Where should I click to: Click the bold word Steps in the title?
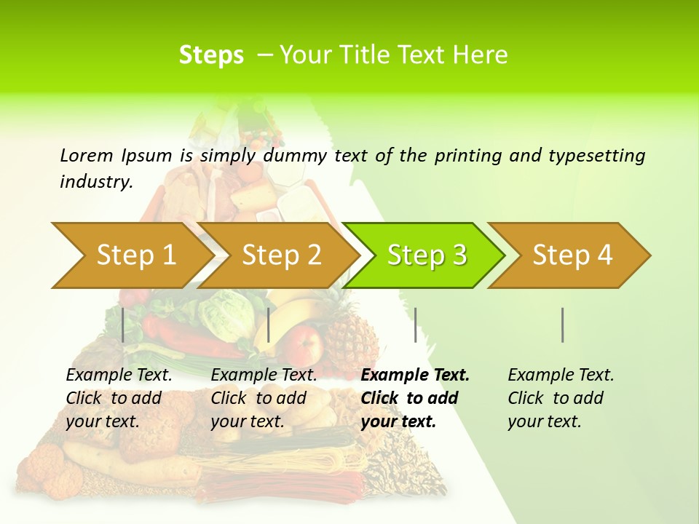[x=211, y=55]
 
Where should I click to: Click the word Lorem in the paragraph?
[x=87, y=155]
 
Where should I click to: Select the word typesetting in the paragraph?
[x=596, y=156]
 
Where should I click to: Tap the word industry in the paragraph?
[x=95, y=181]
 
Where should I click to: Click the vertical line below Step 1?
[x=123, y=325]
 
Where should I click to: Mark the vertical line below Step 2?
[x=269, y=325]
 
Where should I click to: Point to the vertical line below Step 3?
[x=415, y=325]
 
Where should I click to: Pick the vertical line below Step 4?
[x=562, y=325]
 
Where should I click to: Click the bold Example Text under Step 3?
[x=415, y=376]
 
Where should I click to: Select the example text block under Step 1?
[x=119, y=398]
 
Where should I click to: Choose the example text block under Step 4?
[x=561, y=398]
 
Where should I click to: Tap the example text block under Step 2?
[x=264, y=398]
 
